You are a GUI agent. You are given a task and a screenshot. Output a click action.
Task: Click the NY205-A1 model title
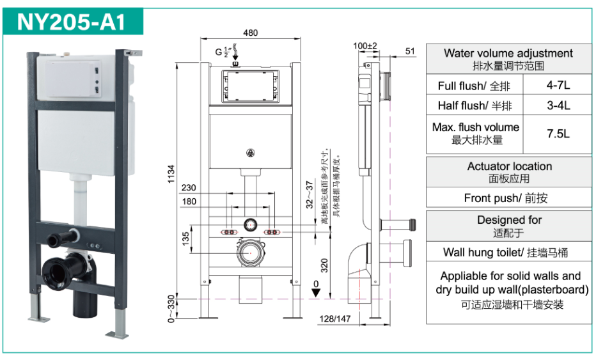click(71, 21)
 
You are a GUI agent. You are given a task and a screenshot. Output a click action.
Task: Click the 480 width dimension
click(251, 33)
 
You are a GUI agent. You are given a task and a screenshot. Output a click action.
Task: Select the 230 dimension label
click(189, 189)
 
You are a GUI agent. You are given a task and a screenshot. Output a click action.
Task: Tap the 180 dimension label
click(189, 202)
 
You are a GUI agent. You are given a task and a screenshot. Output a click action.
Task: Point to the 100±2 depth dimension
click(365, 46)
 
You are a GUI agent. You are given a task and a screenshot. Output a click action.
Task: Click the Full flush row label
click(474, 86)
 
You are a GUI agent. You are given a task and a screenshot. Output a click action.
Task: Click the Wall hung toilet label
click(509, 252)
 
